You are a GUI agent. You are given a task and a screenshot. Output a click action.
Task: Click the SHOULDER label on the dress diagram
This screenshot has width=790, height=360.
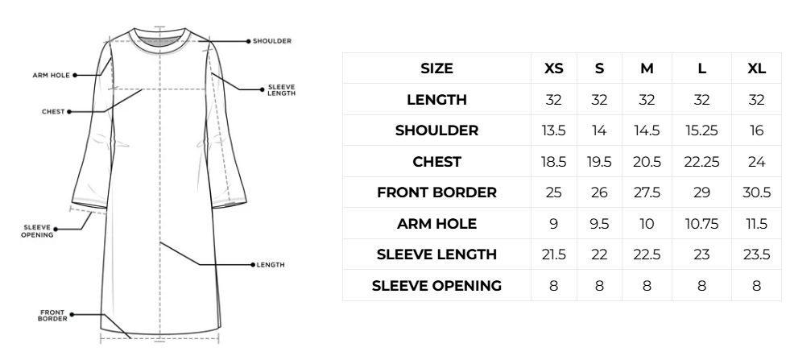pos(272,41)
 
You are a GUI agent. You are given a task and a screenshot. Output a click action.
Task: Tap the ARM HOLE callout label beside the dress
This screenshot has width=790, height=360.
pos(51,75)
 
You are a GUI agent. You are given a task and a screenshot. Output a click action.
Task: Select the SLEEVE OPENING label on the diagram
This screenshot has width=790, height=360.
pos(37,231)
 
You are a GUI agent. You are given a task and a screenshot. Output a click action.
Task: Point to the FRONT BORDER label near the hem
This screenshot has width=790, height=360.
pos(52,316)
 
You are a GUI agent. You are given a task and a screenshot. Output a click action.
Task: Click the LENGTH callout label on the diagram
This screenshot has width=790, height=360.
pos(271,265)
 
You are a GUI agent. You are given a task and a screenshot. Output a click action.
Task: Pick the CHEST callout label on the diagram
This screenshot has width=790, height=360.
pos(53,111)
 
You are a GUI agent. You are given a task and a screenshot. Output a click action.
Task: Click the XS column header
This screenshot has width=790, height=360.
pos(553,68)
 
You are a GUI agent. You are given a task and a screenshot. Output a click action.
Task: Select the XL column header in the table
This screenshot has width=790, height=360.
pos(756,68)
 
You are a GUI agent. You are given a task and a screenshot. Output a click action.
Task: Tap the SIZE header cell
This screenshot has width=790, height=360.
pos(436,68)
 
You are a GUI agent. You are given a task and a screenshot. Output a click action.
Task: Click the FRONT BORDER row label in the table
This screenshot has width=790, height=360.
pos(436,192)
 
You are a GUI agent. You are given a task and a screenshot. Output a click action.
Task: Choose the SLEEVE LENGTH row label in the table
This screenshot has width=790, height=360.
pos(436,254)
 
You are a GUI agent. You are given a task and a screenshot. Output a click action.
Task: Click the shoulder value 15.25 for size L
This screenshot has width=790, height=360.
pos(701,130)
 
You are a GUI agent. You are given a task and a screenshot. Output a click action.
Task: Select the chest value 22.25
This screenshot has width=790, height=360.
pos(701,162)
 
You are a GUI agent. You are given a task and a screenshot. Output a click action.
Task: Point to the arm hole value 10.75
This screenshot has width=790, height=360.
pos(701,224)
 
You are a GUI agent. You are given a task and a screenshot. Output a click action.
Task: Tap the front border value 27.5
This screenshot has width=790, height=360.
pos(647,192)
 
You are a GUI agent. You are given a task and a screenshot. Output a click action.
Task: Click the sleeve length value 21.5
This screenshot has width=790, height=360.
pos(553,254)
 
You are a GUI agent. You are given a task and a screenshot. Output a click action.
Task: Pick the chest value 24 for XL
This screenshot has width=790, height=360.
pos(756,162)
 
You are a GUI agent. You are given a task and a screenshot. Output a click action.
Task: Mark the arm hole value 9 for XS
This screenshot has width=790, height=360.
pos(553,224)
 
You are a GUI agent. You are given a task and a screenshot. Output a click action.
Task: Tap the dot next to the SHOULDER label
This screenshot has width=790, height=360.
pos(248,41)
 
